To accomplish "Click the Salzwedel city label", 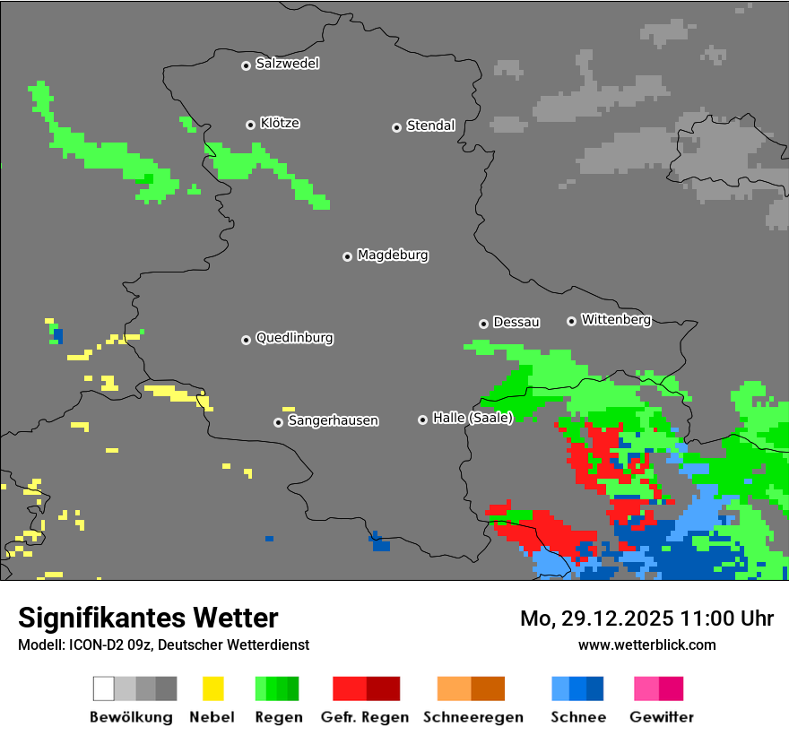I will (x=287, y=64).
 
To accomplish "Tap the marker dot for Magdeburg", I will (x=347, y=256).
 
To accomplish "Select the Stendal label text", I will (x=430, y=126).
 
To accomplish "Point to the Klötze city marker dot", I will (x=250, y=125).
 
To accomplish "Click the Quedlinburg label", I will (x=294, y=338).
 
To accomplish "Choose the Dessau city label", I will (x=516, y=323).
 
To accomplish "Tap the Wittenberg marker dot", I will (x=571, y=321).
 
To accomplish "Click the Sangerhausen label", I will (x=333, y=420).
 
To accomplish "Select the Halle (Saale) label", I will (x=473, y=418).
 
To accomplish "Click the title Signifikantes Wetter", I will (x=148, y=618).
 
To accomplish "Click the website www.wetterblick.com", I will (x=646, y=645).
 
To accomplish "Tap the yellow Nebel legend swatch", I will (x=212, y=688).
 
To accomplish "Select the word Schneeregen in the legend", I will (x=473, y=717).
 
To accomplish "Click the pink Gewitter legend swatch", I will (x=646, y=688).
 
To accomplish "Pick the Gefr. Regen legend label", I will (x=364, y=717).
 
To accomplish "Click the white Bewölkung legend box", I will (x=103, y=688).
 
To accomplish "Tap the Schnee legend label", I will (x=578, y=717).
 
